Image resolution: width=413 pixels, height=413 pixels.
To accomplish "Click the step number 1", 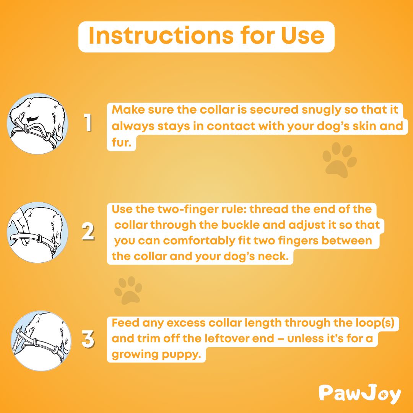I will coord(88,123).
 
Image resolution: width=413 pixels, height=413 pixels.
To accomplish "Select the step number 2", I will coord(88,232).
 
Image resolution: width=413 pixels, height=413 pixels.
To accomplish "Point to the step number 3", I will coord(88,340).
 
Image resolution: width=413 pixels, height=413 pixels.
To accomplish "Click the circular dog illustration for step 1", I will coord(37,123).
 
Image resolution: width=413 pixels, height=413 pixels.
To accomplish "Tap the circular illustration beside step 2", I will coord(37,232).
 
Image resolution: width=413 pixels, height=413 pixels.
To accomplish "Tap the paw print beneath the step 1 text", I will coord(339,160).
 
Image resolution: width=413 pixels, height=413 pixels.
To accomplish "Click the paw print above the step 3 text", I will coord(128,290).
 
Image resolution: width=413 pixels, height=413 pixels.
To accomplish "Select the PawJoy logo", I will coord(359,394).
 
